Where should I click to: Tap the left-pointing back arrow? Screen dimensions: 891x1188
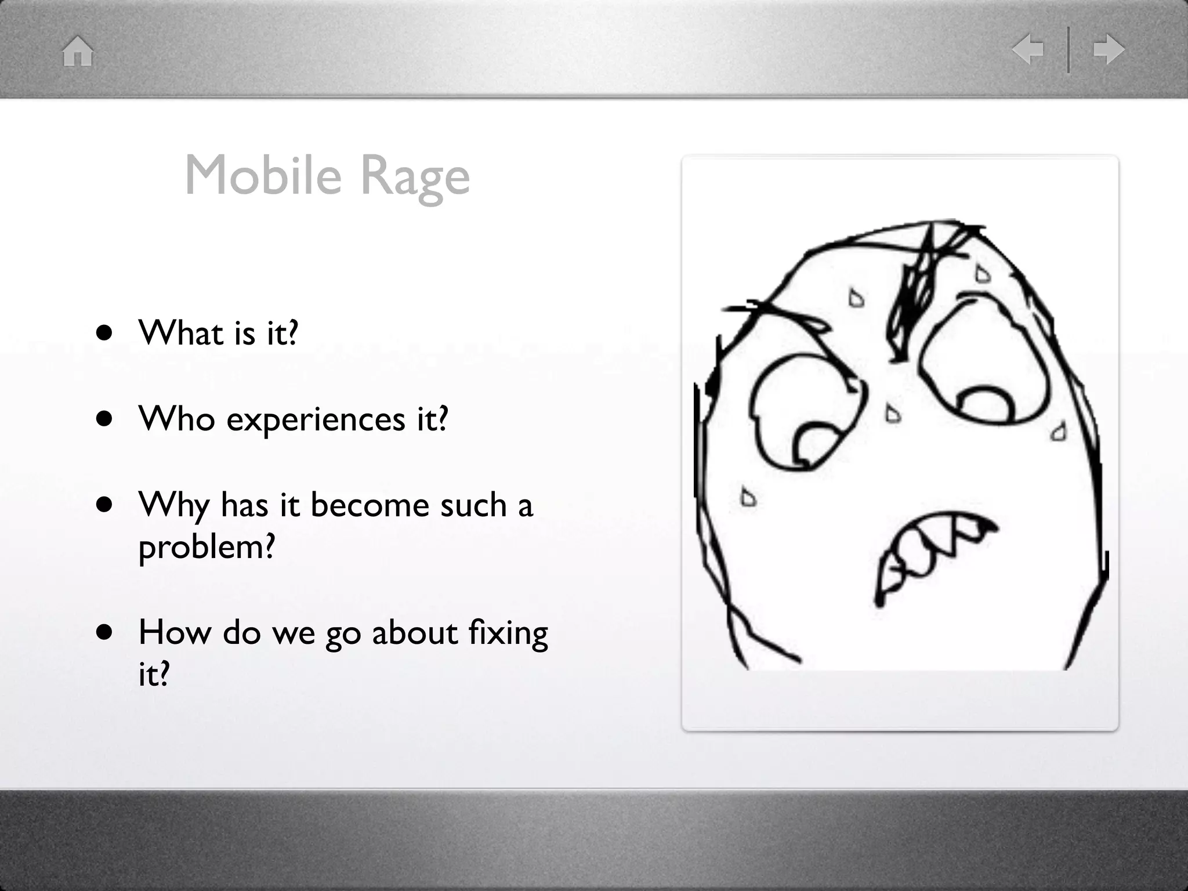pos(1027,49)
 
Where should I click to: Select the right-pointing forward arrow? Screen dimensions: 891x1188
pos(1109,49)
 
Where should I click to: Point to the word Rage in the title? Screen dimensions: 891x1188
pos(415,178)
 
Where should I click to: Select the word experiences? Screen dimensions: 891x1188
pos(316,419)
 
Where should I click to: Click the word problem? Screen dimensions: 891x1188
pos(206,547)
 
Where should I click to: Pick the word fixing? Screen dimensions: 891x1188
pos(508,633)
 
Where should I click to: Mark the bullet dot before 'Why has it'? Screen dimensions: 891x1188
pos(104,505)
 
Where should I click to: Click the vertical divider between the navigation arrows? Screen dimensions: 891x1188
pos(1068,50)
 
